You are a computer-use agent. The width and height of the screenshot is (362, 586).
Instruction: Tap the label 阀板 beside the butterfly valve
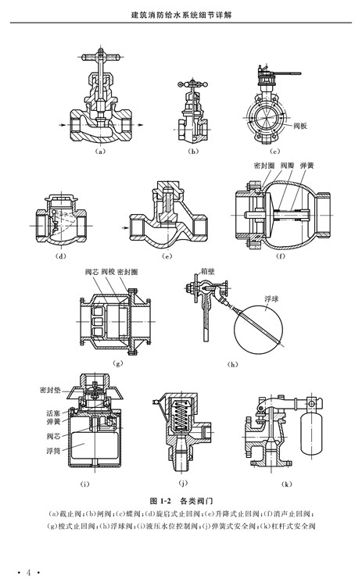tap(300, 126)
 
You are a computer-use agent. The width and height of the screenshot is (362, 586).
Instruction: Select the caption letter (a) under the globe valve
tap(100, 152)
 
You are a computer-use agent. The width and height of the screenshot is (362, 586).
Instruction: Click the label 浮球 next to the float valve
tap(271, 299)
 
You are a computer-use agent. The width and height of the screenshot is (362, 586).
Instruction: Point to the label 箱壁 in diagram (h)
tap(207, 272)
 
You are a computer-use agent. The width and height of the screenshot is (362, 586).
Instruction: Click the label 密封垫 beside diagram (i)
tap(50, 390)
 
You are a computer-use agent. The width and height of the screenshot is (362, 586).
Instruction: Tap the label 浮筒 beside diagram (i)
tap(53, 451)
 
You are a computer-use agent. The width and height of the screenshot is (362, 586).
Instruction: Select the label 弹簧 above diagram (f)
tap(306, 166)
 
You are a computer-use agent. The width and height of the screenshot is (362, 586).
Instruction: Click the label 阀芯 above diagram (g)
tap(91, 272)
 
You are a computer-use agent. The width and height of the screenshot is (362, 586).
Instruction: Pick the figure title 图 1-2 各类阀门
tap(181, 501)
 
